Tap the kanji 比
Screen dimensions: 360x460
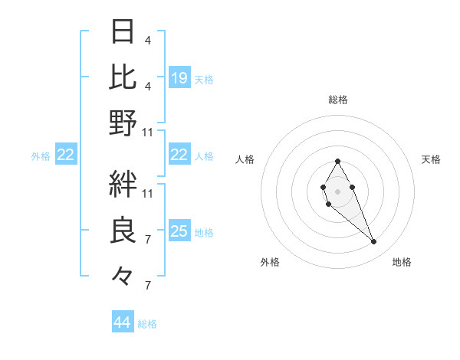coord(123,77)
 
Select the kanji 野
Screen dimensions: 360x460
coord(123,123)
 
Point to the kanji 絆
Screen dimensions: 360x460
coord(123,184)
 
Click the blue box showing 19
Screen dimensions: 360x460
coord(179,77)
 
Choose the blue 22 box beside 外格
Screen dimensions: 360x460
coord(66,155)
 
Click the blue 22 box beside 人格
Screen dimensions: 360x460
coord(179,155)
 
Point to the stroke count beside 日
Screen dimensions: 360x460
coord(147,40)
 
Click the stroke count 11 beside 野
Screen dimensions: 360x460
coord(148,132)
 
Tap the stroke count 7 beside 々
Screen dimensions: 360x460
coord(147,286)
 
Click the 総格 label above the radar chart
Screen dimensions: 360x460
coord(337,100)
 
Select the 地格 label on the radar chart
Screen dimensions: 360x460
coord(402,262)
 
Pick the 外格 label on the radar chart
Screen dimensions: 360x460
coord(270,262)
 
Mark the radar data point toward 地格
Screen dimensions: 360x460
coord(373,242)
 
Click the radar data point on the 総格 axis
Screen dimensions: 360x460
coord(337,161)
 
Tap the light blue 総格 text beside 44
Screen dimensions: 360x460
coord(148,324)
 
